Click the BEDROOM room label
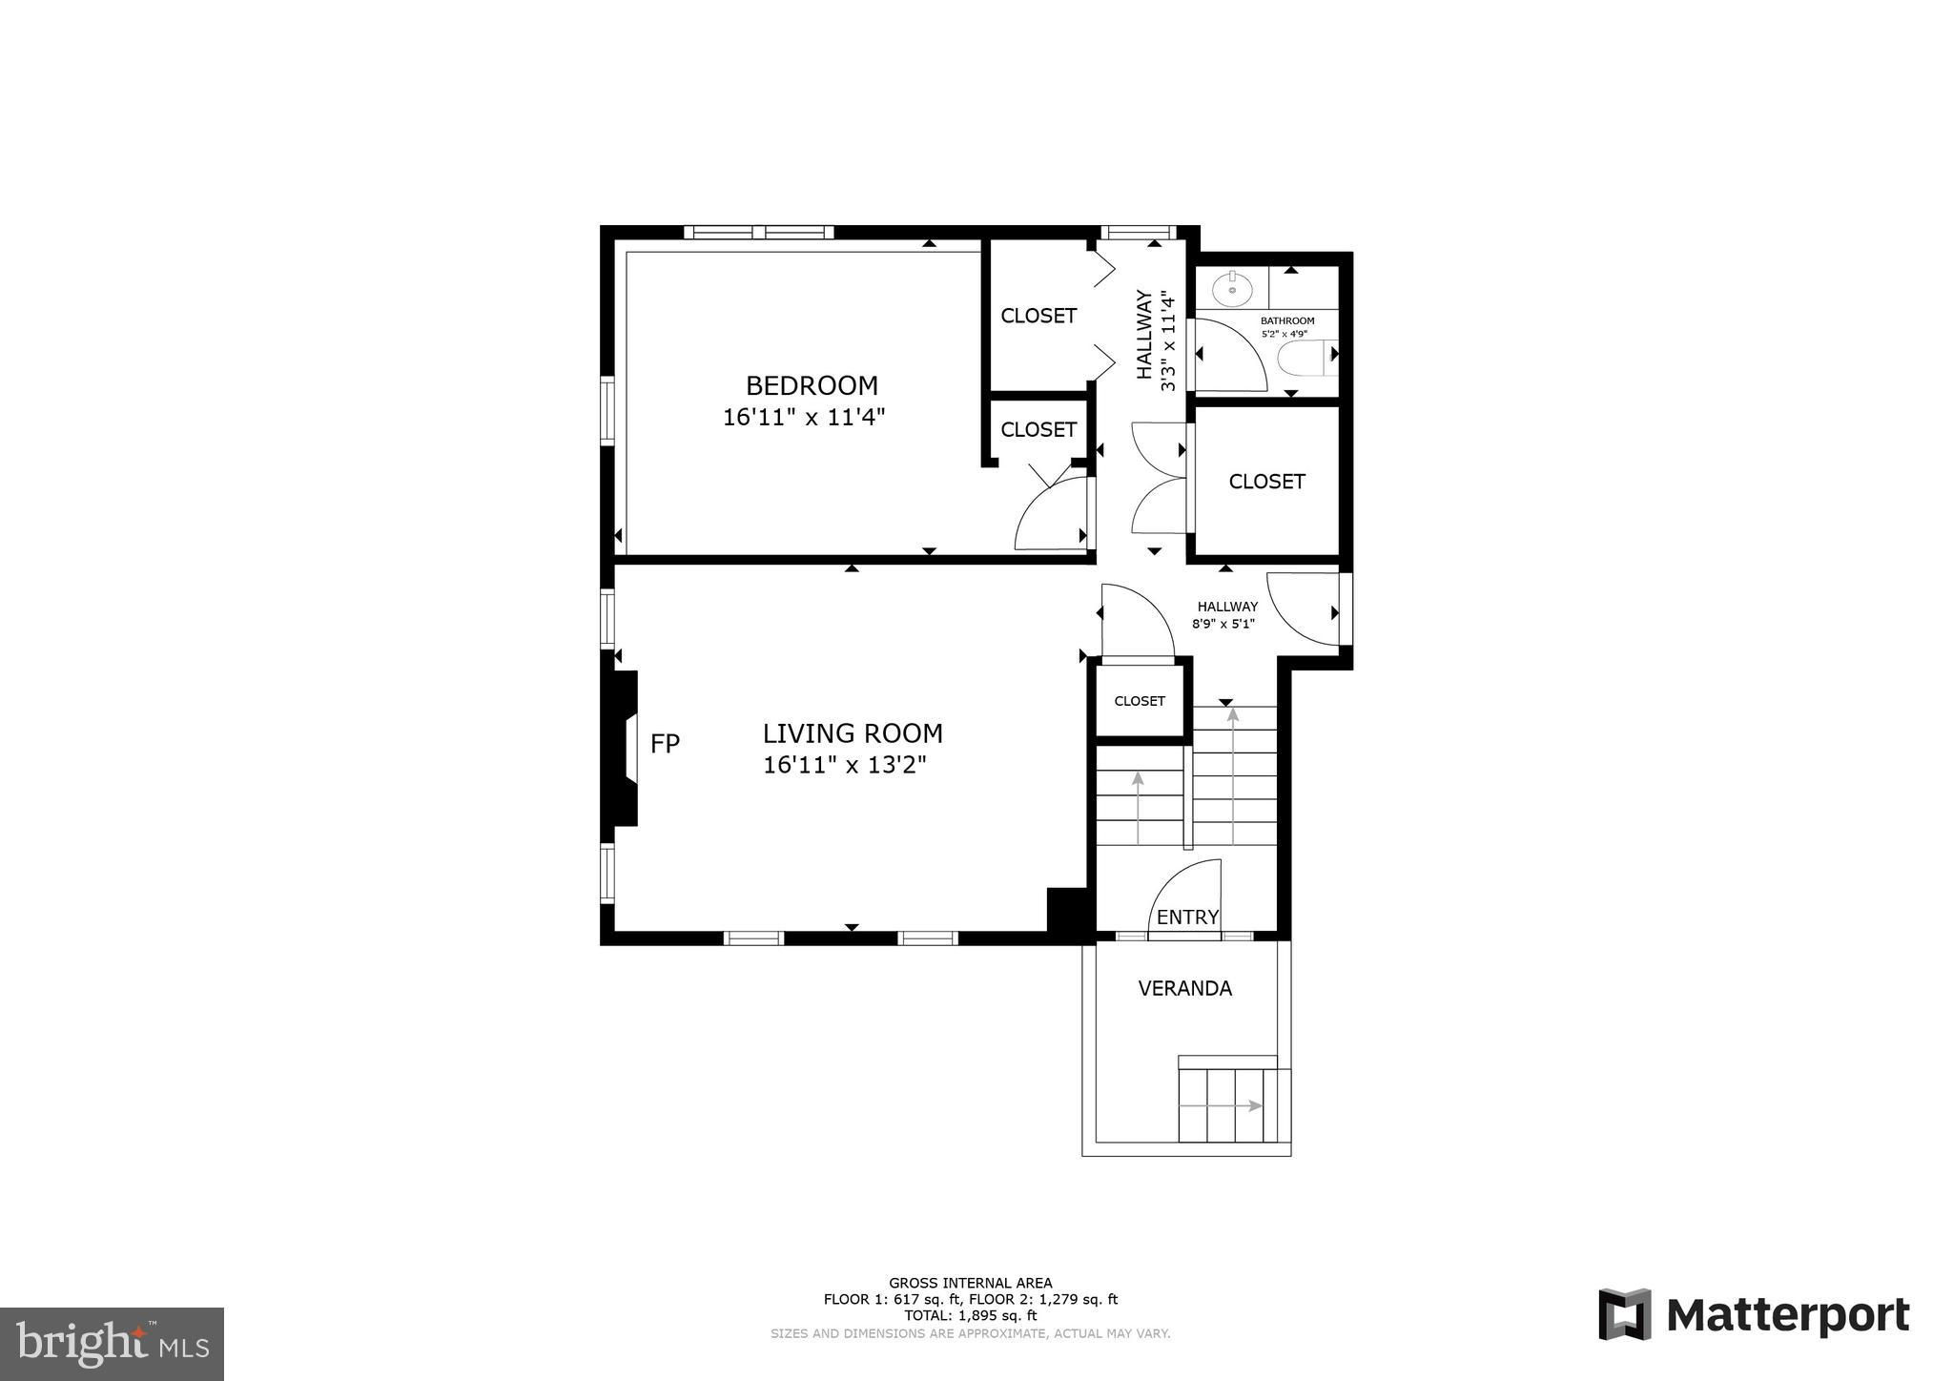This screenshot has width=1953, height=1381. (x=812, y=385)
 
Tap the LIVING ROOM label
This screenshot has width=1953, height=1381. (x=853, y=733)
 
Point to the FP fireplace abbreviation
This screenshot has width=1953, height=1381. (x=665, y=744)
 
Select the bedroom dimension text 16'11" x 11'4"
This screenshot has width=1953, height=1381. (x=804, y=417)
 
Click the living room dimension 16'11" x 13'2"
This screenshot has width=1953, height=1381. (x=845, y=765)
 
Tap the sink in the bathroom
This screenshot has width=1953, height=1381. (x=1232, y=285)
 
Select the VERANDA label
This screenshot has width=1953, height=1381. (x=1185, y=989)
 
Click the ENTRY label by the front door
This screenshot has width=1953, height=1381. (x=1187, y=917)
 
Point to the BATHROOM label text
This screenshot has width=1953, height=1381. (x=1287, y=320)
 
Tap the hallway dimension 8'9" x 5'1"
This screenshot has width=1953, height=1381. (x=1223, y=625)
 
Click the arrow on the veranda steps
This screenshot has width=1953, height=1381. (x=1222, y=1105)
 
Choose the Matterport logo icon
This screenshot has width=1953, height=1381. (x=1625, y=1314)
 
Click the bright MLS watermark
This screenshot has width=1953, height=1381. (x=113, y=1344)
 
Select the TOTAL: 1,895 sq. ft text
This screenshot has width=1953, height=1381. (x=970, y=1315)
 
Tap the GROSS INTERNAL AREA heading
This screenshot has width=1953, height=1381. (x=971, y=1284)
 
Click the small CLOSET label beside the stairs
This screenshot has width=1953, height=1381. (x=1140, y=701)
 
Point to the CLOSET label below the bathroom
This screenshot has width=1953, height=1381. (x=1266, y=482)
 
